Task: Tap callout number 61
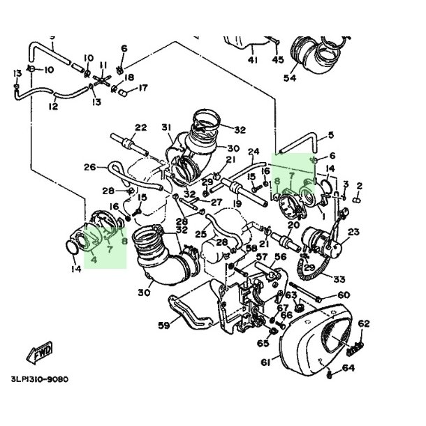coord(266,362)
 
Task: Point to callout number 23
coord(353,232)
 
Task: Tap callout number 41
coord(252,60)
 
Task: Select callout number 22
coord(140,128)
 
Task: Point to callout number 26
coord(89,167)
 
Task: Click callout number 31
coord(166,127)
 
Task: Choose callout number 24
coord(254,151)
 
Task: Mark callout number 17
coord(143,88)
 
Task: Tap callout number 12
coord(53,106)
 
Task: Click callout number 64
coord(349,368)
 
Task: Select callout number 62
coord(363,323)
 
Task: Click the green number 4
coord(94,258)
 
